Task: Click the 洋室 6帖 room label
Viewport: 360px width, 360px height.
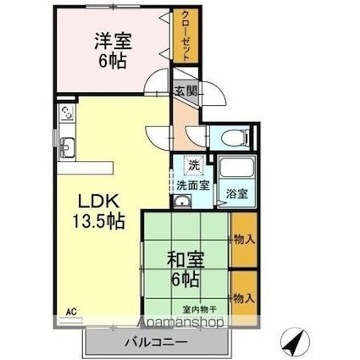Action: point(113,51)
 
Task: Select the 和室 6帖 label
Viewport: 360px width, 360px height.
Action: point(186,269)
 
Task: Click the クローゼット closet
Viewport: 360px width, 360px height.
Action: point(186,36)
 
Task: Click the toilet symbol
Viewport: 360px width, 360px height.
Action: point(235,137)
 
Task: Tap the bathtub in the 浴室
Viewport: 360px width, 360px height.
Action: point(236,168)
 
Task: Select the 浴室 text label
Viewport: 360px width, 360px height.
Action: point(237,194)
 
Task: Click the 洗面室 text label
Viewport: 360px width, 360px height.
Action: point(193,186)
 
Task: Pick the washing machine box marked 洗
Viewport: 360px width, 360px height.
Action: point(193,165)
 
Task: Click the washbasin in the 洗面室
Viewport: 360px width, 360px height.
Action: point(182,202)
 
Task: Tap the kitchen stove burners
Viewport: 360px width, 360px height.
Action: point(67,113)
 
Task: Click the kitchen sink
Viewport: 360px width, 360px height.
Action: point(67,147)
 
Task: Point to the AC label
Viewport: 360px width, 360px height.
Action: point(71,313)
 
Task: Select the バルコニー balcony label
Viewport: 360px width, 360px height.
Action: point(156,343)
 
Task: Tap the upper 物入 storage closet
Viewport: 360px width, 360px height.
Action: point(244,240)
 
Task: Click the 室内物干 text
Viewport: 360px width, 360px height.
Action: point(199,310)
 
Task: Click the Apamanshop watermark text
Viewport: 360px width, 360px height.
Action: point(181,322)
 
